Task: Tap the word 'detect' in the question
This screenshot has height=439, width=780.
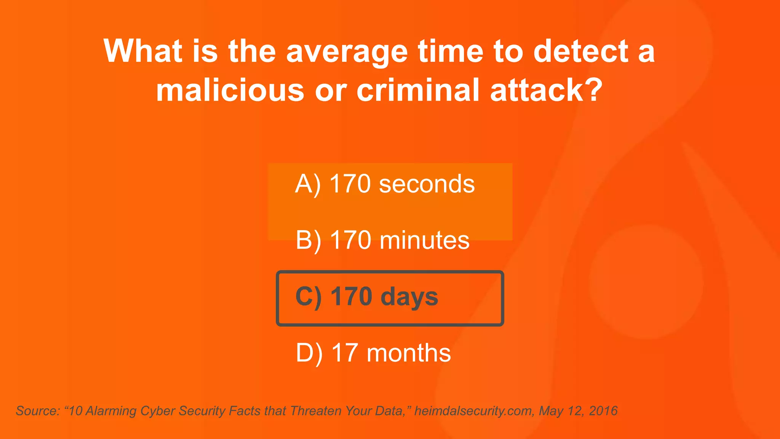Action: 581,51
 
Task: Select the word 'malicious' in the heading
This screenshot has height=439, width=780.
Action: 230,90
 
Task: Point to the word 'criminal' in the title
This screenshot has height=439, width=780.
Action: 418,90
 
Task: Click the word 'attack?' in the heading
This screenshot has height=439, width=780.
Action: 547,90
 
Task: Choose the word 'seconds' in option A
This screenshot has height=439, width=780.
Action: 427,184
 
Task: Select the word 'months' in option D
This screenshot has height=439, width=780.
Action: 409,353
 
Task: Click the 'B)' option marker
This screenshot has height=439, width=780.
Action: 308,241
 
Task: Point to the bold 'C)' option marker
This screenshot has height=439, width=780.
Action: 308,297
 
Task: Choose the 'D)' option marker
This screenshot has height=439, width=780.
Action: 309,353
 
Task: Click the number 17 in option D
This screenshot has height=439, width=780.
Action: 345,353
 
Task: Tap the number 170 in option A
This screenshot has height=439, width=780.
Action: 350,184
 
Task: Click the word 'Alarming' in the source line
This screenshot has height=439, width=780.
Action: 111,411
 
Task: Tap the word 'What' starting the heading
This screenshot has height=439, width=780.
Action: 143,51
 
